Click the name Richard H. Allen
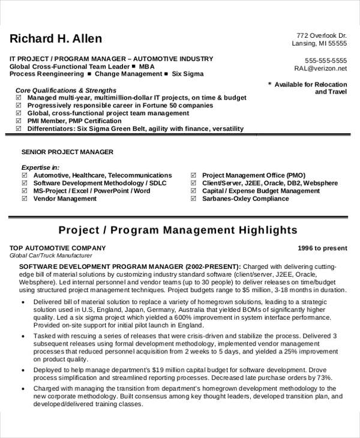click(x=56, y=39)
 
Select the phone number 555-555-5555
click(x=326, y=61)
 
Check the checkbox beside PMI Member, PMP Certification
click(x=19, y=121)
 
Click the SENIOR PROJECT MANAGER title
click(x=67, y=152)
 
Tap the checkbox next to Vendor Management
click(x=25, y=199)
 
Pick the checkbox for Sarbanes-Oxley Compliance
click(x=193, y=199)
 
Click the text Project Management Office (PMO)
click(x=253, y=175)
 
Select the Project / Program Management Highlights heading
click(x=178, y=230)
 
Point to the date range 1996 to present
click(x=322, y=248)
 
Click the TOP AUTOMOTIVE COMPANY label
click(x=58, y=248)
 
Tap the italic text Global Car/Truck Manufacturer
click(x=51, y=255)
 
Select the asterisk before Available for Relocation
click(x=269, y=85)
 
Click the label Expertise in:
click(x=40, y=167)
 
